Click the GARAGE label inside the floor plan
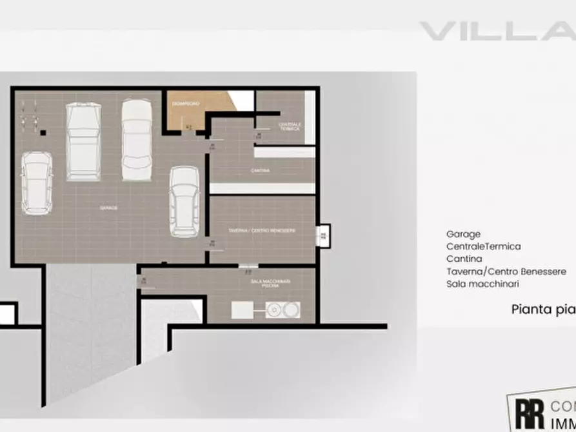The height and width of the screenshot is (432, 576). [x=108, y=208]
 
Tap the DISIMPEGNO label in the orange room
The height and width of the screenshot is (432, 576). [x=186, y=103]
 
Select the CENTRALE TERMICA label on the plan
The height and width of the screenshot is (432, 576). [x=289, y=126]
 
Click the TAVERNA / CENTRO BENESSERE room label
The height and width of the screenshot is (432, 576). [x=262, y=230]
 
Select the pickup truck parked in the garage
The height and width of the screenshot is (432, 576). [x=83, y=142]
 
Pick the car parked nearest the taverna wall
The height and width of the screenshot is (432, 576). [x=184, y=201]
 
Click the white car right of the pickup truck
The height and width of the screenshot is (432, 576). [x=136, y=139]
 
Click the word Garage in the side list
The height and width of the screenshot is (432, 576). [x=463, y=235]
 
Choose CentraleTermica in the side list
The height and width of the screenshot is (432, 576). [x=483, y=247]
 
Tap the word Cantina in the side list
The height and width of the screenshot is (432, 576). [x=464, y=259]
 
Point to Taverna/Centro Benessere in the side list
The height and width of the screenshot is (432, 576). [x=506, y=271]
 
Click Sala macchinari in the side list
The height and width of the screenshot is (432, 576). [x=482, y=284]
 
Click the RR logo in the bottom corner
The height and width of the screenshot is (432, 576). [x=528, y=413]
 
